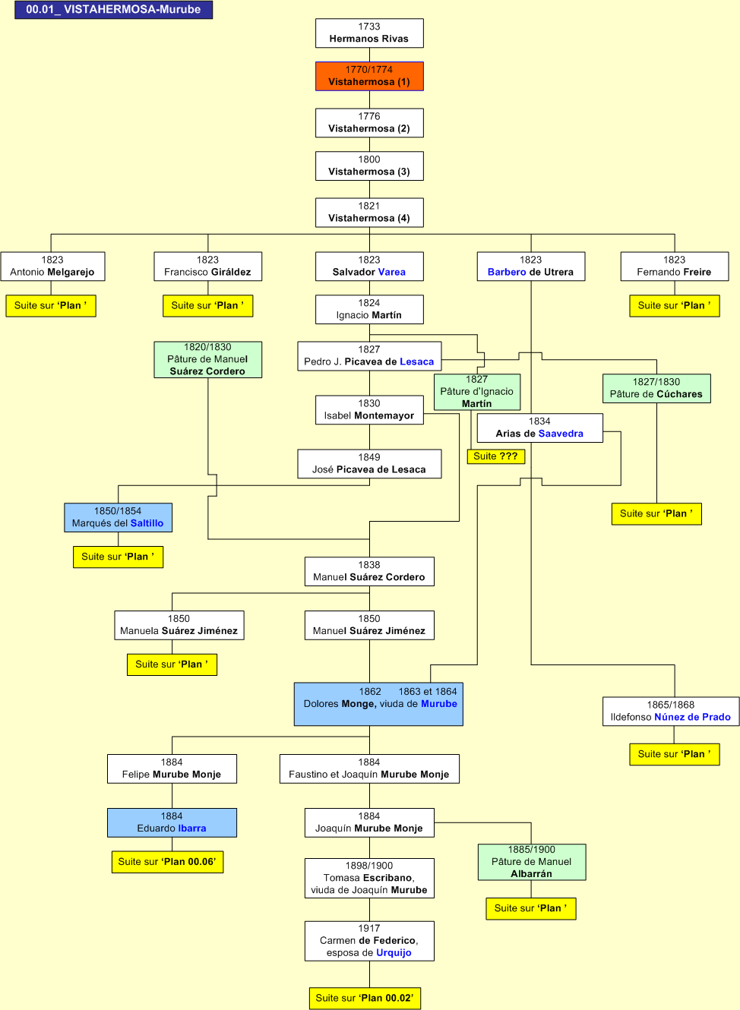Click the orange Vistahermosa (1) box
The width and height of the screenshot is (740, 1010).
click(x=369, y=76)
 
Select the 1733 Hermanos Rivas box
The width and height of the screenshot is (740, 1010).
click(x=369, y=33)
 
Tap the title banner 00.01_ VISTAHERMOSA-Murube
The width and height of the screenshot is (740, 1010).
click(x=113, y=10)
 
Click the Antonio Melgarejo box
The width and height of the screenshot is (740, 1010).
click(x=52, y=266)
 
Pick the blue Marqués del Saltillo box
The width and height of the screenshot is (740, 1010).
click(x=118, y=517)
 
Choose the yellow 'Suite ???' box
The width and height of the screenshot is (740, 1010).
click(x=495, y=456)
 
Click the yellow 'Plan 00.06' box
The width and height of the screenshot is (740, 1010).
click(x=167, y=862)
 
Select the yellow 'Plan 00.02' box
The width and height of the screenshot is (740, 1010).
click(x=365, y=998)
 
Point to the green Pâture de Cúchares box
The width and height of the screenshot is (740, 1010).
click(x=656, y=388)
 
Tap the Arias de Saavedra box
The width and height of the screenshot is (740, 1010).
click(x=539, y=428)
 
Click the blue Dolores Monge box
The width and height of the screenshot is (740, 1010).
click(x=378, y=703)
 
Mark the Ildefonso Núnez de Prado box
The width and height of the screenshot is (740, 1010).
click(x=670, y=711)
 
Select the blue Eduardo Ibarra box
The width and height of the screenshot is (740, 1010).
click(x=172, y=822)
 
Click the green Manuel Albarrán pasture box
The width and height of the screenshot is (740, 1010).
click(x=532, y=862)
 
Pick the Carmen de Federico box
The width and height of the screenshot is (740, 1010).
click(x=369, y=941)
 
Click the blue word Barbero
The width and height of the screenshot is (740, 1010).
click(x=507, y=272)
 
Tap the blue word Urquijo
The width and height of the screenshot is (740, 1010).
click(x=394, y=953)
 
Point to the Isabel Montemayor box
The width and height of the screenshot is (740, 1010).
click(x=369, y=409)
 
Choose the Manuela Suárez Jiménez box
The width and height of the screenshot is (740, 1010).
click(x=179, y=625)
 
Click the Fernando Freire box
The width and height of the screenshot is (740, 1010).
click(x=674, y=266)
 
